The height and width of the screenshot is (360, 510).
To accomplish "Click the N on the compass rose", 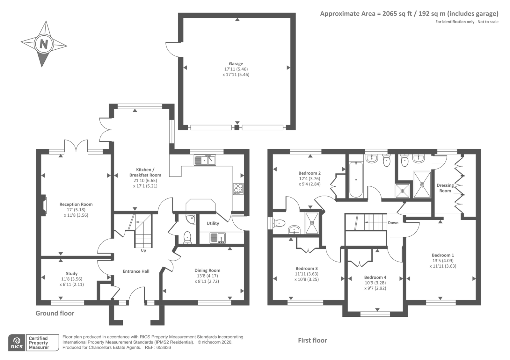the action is tap(44, 44).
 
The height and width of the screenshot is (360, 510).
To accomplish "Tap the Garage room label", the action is tap(236, 64).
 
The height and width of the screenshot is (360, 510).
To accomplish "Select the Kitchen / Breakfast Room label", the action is tap(145, 172).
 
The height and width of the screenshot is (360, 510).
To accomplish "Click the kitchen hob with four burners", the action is tap(238, 189).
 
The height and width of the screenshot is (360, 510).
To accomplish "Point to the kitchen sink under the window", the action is tap(205, 160).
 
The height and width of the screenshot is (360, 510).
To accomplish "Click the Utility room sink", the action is tap(218, 238).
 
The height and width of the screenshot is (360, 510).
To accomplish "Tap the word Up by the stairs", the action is tap(143, 250).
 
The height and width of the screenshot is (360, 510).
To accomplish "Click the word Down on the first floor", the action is tap(393, 223).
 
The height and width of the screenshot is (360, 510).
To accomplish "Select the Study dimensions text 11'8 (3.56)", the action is tap(72, 279).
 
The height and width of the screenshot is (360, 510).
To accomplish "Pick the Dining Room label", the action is tap(207, 270).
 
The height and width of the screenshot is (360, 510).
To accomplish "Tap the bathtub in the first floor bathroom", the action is tap(356, 180).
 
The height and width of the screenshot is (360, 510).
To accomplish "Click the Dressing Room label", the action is tap(445, 188).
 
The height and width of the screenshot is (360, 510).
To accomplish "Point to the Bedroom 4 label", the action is tap(375, 277).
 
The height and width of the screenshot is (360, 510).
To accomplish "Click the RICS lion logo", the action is tap(17, 341).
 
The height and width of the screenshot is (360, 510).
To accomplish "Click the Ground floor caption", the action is tap(55, 313).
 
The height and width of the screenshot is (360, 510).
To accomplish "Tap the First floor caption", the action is tap(312, 341).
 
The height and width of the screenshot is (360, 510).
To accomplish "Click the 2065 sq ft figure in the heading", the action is tap(397, 14).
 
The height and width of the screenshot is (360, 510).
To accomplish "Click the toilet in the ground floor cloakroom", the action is tap(187, 237).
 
